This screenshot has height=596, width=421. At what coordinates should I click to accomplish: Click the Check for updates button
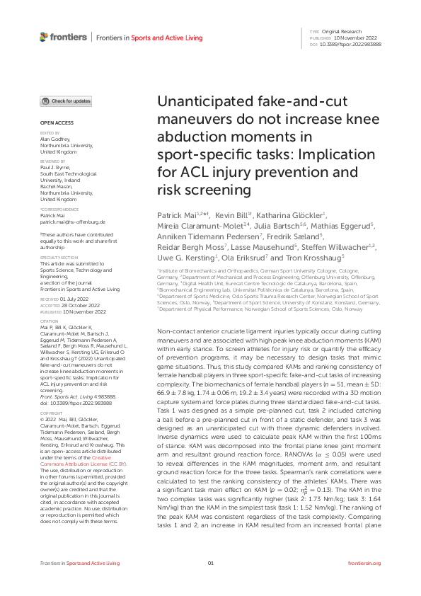click(66, 101)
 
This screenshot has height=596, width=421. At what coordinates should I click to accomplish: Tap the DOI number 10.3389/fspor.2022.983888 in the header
click(355, 44)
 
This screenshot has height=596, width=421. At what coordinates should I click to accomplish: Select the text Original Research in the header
click(343, 32)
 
